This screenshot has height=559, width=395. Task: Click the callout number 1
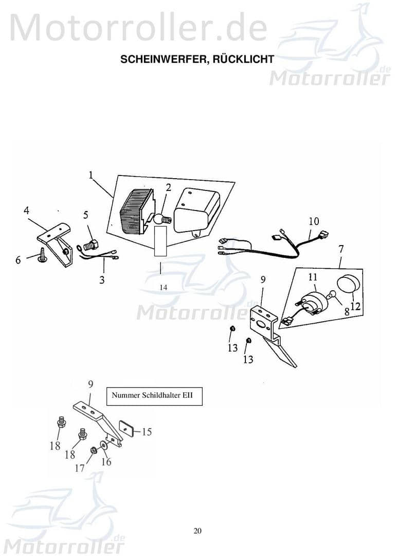91,175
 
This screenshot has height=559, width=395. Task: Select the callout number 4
26,210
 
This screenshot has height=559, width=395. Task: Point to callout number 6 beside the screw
18,260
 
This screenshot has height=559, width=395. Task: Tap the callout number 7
340,249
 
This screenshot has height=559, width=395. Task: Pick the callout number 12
355,305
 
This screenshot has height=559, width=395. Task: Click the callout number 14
163,288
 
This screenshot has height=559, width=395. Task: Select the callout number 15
147,431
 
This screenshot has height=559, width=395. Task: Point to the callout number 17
80,468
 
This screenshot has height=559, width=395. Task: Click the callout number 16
106,462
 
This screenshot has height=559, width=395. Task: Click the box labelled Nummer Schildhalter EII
154,396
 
